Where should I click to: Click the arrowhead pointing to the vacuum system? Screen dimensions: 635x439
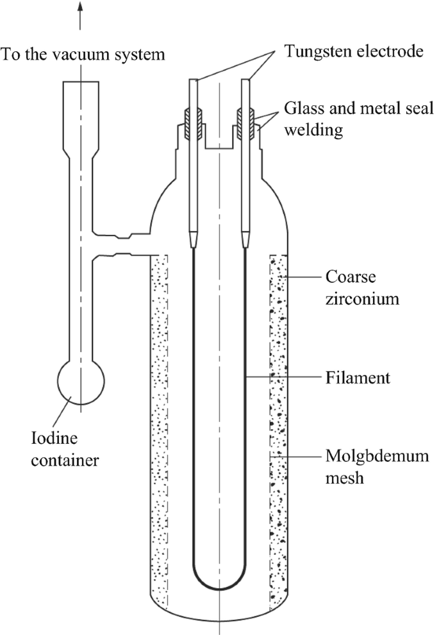coord(80,6)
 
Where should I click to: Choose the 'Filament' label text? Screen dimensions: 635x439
coord(354,378)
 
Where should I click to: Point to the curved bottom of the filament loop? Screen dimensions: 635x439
coord(219,588)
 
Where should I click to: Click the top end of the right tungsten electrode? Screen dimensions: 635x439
coord(245,81)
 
